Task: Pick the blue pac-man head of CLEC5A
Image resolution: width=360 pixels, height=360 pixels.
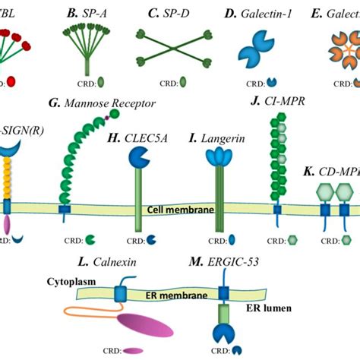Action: point(140,157)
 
